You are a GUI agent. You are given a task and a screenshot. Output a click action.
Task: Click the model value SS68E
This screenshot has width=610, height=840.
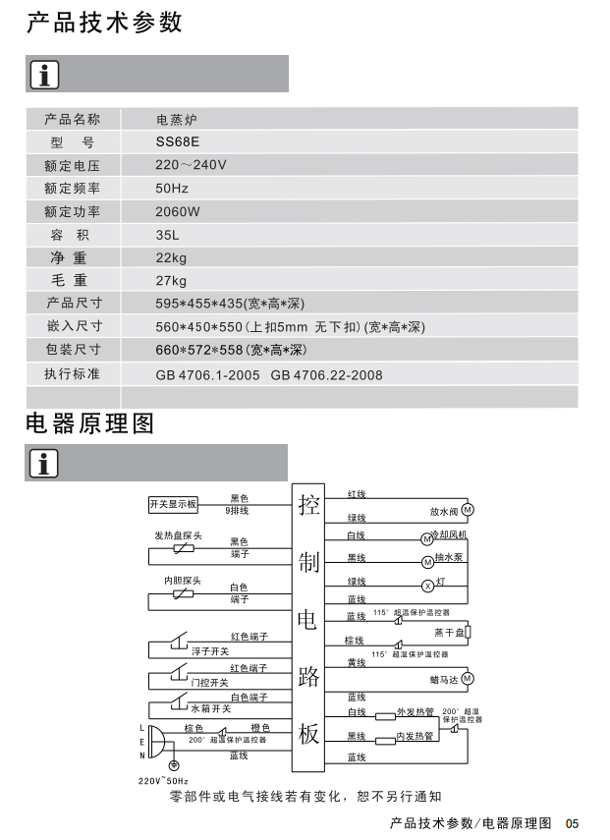(177, 141)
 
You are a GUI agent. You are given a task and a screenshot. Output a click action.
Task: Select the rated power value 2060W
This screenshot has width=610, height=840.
(178, 211)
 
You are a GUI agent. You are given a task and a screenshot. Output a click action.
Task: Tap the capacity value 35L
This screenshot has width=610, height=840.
(167, 235)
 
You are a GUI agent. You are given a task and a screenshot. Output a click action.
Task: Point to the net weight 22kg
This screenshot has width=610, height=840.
(171, 257)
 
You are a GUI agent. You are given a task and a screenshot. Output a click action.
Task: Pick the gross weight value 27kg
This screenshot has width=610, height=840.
(171, 281)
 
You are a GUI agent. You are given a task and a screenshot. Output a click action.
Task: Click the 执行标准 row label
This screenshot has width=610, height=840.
(72, 374)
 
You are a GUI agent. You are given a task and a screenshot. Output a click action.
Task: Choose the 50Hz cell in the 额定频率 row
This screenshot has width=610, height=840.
(172, 188)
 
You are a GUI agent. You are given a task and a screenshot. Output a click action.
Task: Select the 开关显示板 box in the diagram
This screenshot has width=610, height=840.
(173, 504)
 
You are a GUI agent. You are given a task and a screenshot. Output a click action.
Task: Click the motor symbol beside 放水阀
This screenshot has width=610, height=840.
(468, 510)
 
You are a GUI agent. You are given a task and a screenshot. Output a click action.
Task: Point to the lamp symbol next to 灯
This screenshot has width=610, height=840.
(427, 586)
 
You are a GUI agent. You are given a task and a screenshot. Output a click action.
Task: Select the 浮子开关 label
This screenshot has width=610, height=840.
(209, 650)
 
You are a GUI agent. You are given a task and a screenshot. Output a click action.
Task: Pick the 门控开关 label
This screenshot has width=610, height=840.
(209, 682)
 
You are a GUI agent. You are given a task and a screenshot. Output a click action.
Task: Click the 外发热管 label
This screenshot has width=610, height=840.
(415, 711)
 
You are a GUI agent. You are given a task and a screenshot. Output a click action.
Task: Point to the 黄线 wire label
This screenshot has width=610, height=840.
(356, 663)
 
